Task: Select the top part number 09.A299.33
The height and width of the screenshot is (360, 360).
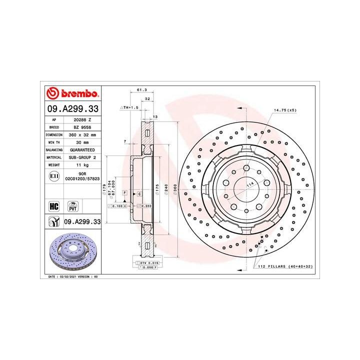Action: click(x=73, y=108)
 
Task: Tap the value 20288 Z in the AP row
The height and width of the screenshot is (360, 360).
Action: click(x=82, y=120)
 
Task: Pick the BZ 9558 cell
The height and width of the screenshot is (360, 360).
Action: click(x=82, y=127)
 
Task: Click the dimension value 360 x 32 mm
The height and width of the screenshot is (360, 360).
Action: click(x=82, y=134)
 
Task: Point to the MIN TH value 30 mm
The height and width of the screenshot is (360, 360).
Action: click(x=82, y=142)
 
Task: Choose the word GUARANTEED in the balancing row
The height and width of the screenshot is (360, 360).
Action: click(x=82, y=149)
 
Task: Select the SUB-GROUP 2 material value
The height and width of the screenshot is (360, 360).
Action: click(x=82, y=156)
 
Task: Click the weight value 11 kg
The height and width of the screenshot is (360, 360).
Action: click(x=82, y=164)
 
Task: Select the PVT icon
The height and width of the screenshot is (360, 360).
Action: click(x=73, y=206)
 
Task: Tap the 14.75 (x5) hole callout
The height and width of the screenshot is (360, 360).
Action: click(x=284, y=109)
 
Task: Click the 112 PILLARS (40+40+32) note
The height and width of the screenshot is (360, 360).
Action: click(x=284, y=266)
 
